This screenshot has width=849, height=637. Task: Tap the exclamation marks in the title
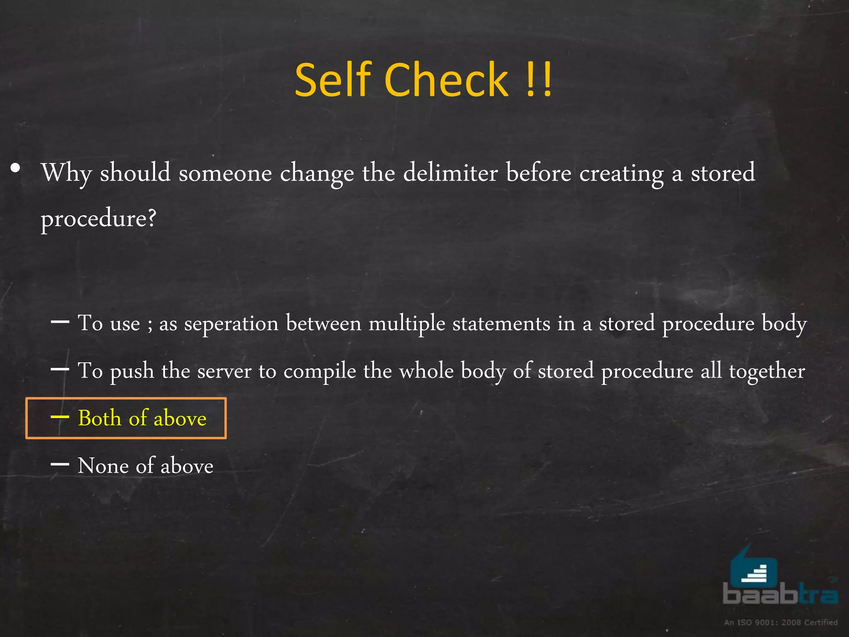(539, 80)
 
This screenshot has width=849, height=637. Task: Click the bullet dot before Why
(16, 168)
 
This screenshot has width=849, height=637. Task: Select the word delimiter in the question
(450, 173)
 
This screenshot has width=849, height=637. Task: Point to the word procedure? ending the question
(98, 219)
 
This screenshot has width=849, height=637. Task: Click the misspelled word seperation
(231, 324)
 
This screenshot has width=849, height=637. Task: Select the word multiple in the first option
(407, 324)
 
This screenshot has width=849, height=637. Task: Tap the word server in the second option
(224, 371)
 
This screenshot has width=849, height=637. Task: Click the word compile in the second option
(320, 371)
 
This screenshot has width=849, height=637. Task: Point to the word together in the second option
(767, 371)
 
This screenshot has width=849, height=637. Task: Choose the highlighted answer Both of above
(142, 418)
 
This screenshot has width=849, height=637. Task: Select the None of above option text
(145, 466)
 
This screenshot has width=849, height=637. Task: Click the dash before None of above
(60, 464)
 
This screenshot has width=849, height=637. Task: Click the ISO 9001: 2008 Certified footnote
(781, 622)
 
